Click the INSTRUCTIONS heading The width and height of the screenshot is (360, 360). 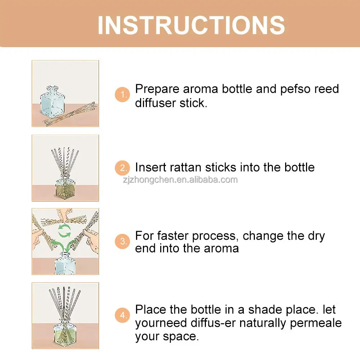click(191, 24)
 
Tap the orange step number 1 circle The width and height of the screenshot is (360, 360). click(122, 95)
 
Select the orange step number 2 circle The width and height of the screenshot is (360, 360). click(122, 168)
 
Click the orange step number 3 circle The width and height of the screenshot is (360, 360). click(122, 242)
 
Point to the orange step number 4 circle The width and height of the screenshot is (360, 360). click(122, 315)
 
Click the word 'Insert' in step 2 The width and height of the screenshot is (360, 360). click(150, 167)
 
